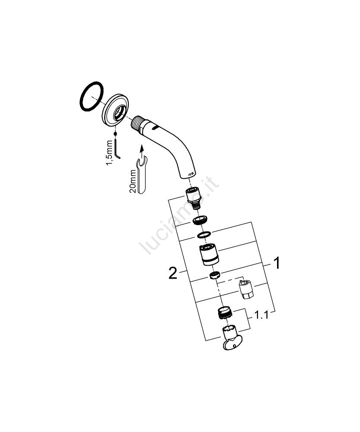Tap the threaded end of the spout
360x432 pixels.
coord(137,124)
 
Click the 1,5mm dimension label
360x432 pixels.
coord(109,153)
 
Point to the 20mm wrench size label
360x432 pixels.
coord(132,181)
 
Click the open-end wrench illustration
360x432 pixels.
coord(142,176)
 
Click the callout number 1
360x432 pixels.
coord(277,263)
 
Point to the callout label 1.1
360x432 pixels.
coord(261,315)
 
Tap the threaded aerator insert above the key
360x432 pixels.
coord(225,313)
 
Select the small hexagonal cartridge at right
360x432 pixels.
coord(246,289)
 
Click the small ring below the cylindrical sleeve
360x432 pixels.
coord(215,276)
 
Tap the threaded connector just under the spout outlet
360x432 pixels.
coord(194,198)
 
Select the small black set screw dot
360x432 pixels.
coord(115,133)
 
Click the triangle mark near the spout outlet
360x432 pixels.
coord(189,175)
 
